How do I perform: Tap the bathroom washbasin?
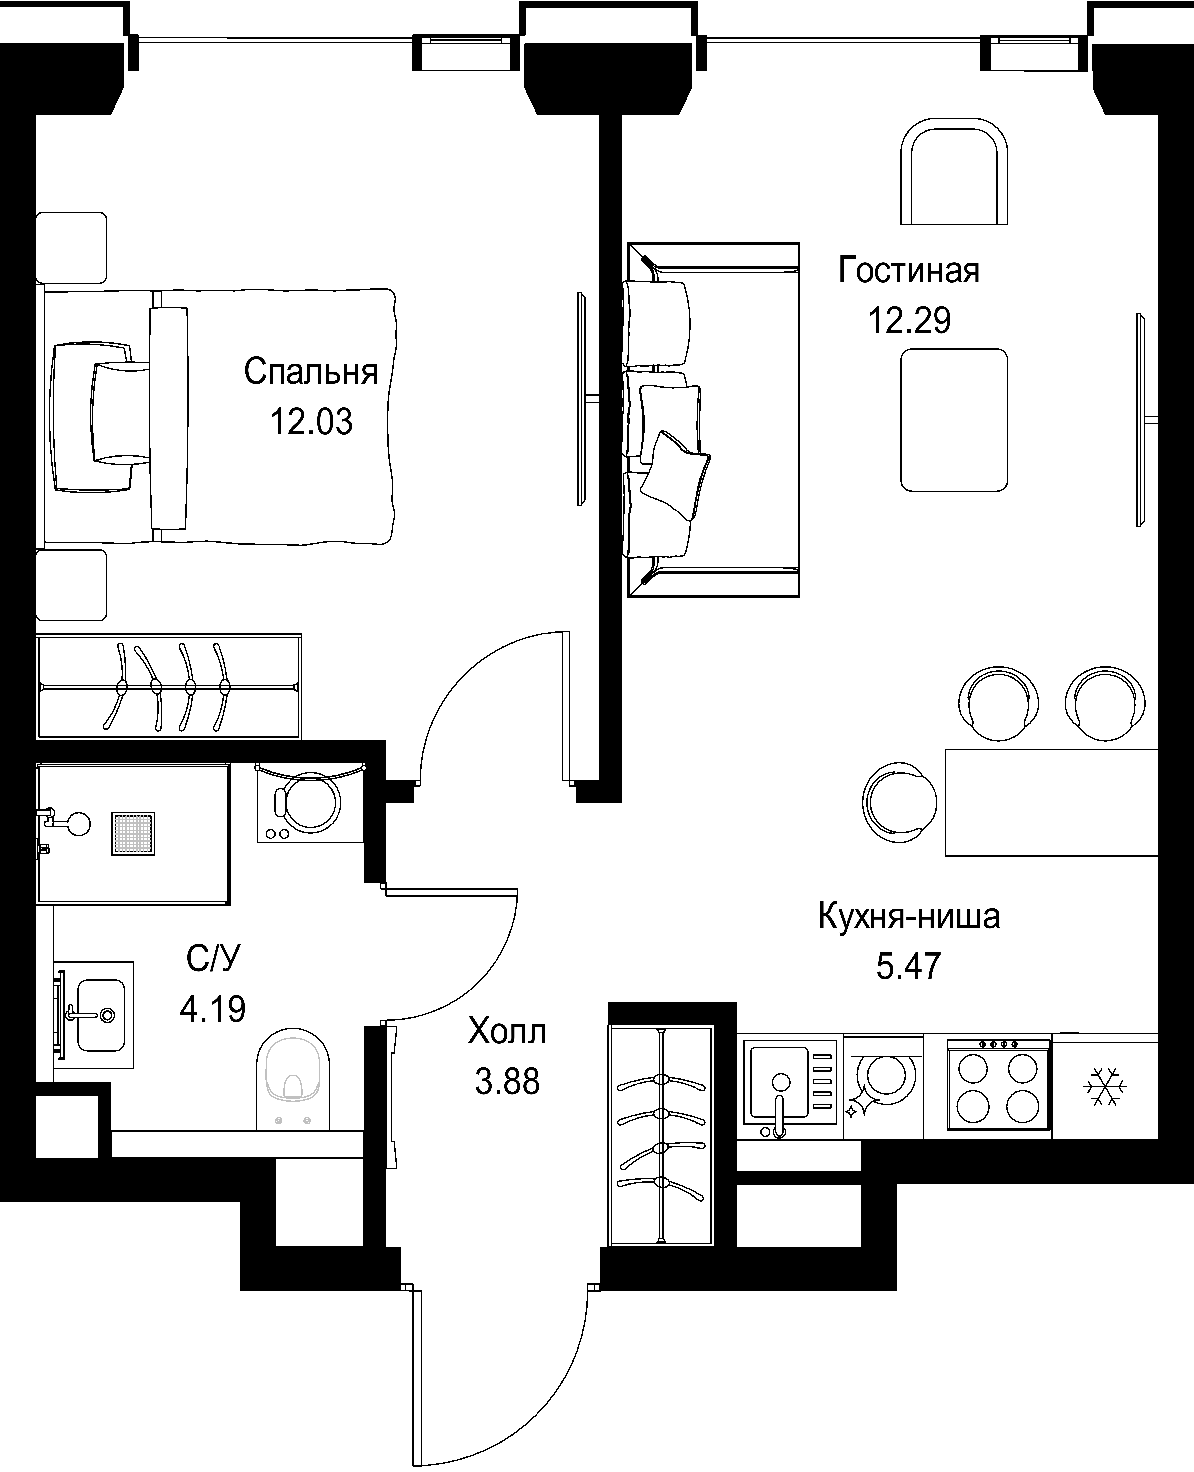point(94,1015)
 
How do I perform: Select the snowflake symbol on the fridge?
point(1105,1087)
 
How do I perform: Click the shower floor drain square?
point(134,834)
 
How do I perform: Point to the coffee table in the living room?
point(954,420)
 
